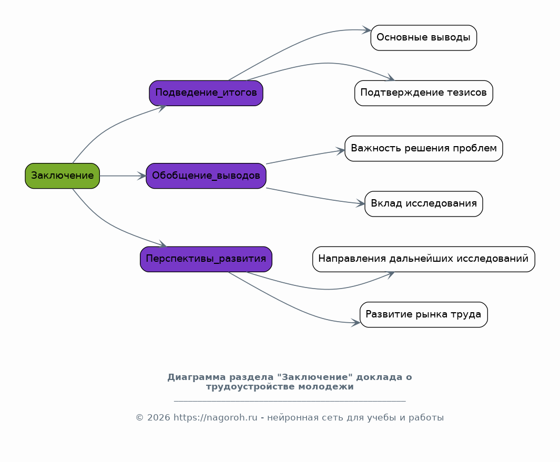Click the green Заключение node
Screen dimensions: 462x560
62,176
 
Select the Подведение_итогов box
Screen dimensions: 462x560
206,93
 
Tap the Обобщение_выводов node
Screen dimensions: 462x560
206,176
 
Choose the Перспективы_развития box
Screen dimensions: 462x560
206,259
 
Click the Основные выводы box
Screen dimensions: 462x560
423,38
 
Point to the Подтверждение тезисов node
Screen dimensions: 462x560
423,93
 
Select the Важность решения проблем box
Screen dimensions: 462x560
423,148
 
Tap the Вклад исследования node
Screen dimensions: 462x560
423,204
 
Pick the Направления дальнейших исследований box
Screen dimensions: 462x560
423,259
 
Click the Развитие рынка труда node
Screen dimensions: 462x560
423,314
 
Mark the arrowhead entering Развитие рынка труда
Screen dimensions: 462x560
355,323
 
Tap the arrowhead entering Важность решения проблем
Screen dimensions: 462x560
341,151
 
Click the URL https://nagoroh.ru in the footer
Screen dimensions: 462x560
216,418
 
